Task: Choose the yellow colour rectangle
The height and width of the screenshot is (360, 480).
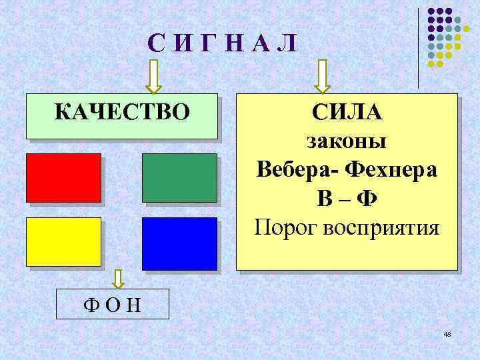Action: (x=63, y=241)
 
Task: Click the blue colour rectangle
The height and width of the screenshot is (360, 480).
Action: (x=179, y=243)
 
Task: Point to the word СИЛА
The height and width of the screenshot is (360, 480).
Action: (x=347, y=113)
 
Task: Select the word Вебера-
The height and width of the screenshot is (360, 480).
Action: (x=297, y=170)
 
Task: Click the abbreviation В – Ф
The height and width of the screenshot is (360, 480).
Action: (x=347, y=199)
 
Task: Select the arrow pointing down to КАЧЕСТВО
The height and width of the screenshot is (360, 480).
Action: (x=153, y=77)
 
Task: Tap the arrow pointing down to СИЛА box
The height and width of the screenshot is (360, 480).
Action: (x=323, y=77)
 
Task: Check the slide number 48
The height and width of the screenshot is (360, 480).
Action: (x=447, y=333)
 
